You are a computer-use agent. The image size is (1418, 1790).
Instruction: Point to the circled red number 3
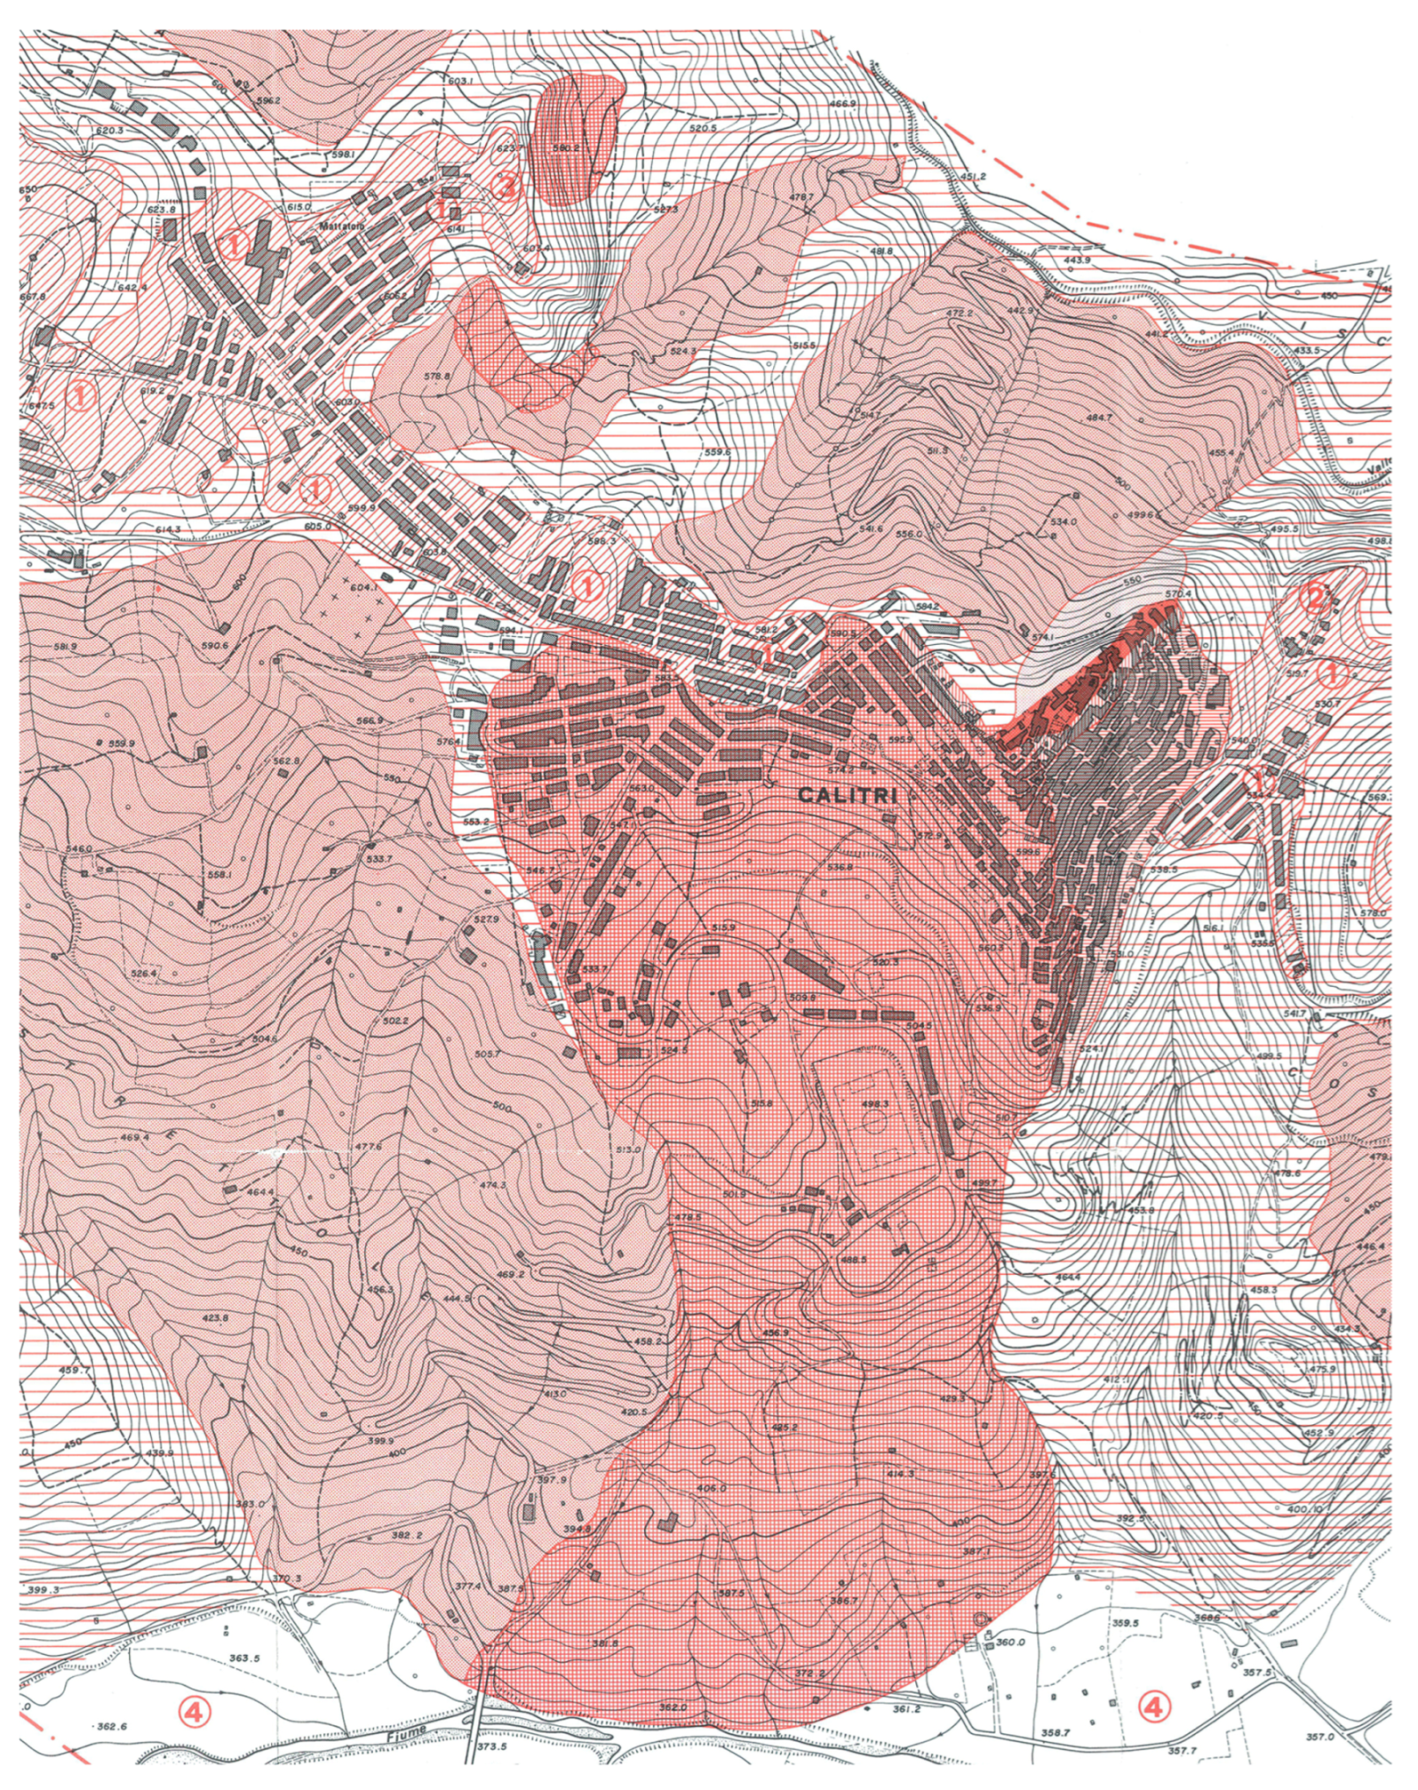505,187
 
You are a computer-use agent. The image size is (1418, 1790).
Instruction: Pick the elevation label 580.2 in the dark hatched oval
565,148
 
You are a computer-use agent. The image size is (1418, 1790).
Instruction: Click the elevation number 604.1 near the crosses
363,587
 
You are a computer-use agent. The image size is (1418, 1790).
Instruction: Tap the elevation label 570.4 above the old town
1172,594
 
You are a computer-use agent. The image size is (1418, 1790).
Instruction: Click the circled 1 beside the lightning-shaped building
234,244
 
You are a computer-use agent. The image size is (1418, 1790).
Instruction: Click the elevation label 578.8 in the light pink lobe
436,376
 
